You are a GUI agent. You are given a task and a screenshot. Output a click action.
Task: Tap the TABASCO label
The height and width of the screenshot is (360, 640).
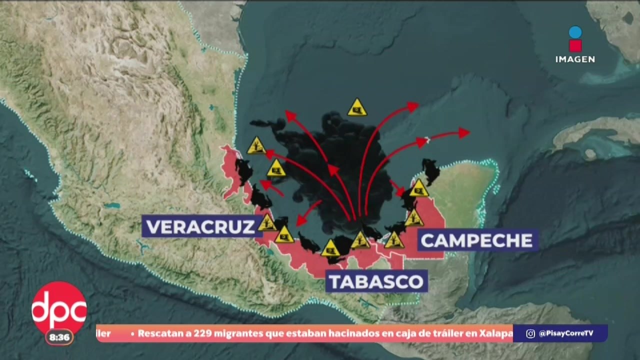click(x=376, y=281)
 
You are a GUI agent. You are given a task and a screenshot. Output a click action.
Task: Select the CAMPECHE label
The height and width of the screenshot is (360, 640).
click(x=476, y=240)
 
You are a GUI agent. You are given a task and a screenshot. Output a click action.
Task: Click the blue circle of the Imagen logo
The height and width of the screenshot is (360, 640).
click(x=575, y=32)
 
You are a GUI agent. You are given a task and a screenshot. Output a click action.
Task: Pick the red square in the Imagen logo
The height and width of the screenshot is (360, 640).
click(x=575, y=46)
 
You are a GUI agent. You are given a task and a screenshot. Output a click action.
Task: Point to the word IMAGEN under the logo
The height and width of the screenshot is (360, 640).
click(x=575, y=59)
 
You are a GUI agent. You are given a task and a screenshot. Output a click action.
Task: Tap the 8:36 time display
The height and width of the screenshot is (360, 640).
click(x=59, y=337)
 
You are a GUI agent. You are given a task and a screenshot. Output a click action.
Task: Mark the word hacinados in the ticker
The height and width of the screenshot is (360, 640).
click(x=359, y=333)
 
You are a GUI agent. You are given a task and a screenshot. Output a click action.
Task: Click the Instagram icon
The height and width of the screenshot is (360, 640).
click(x=530, y=333)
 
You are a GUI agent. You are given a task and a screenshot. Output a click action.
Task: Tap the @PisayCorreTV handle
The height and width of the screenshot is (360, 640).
click(x=566, y=333)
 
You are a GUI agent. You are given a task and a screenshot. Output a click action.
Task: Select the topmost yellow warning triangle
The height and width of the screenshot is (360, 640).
click(x=357, y=107)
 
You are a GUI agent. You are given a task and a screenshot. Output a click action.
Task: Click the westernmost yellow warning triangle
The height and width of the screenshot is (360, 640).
click(x=256, y=146)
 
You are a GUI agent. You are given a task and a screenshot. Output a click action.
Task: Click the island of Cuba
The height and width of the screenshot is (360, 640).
click(x=595, y=132)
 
